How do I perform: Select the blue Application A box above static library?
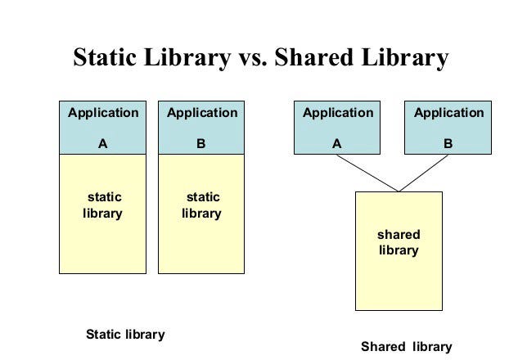click(103, 126)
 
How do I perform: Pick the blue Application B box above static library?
click(201, 126)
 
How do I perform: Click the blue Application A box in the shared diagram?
click(337, 126)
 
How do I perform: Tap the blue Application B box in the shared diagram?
click(448, 126)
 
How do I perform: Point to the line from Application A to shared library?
click(367, 173)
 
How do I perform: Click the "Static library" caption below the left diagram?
click(125, 335)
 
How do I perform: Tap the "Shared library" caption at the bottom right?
click(406, 346)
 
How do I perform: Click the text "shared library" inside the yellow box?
click(399, 243)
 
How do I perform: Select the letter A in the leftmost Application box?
click(103, 142)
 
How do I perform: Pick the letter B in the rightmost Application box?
click(448, 142)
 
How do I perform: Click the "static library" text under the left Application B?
click(201, 205)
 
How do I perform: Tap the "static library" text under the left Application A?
click(103, 205)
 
